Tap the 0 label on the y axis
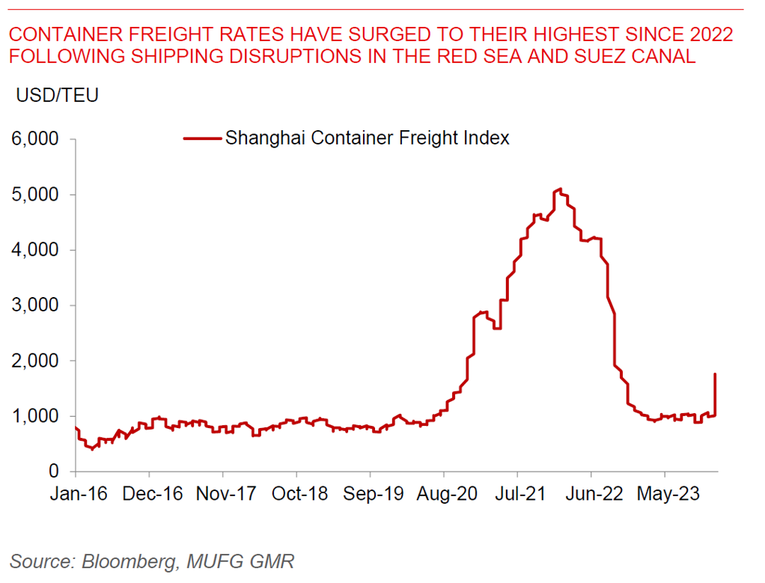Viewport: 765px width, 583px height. pyautogui.click(x=54, y=472)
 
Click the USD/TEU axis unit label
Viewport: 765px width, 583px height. pyautogui.click(x=53, y=95)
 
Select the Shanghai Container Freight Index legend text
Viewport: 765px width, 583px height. pyautogui.click(x=368, y=138)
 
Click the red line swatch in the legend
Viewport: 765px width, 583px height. pyautogui.click(x=202, y=138)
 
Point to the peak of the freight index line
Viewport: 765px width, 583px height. pyautogui.click(x=558, y=190)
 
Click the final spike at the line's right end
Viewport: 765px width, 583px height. pyautogui.click(x=716, y=374)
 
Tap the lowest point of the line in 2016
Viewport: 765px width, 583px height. pyautogui.click(x=92, y=448)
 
